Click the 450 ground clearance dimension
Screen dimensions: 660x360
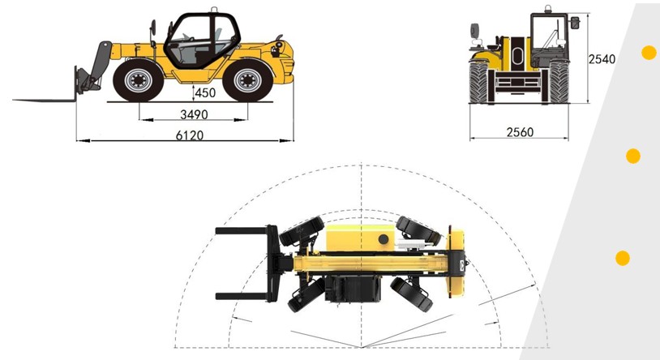coord(205,92)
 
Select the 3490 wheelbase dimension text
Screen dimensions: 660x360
coord(194,114)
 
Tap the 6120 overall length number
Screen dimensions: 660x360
coord(190,135)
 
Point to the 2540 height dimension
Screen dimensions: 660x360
coord(602,59)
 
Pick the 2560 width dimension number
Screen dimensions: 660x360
coord(520,132)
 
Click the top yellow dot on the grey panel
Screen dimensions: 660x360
coord(649,53)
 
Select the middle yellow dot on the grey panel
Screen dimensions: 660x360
coord(633,156)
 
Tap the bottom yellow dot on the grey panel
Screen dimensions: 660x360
coord(623,258)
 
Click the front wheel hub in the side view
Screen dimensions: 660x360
coord(138,80)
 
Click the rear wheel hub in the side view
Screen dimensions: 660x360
coord(247,80)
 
